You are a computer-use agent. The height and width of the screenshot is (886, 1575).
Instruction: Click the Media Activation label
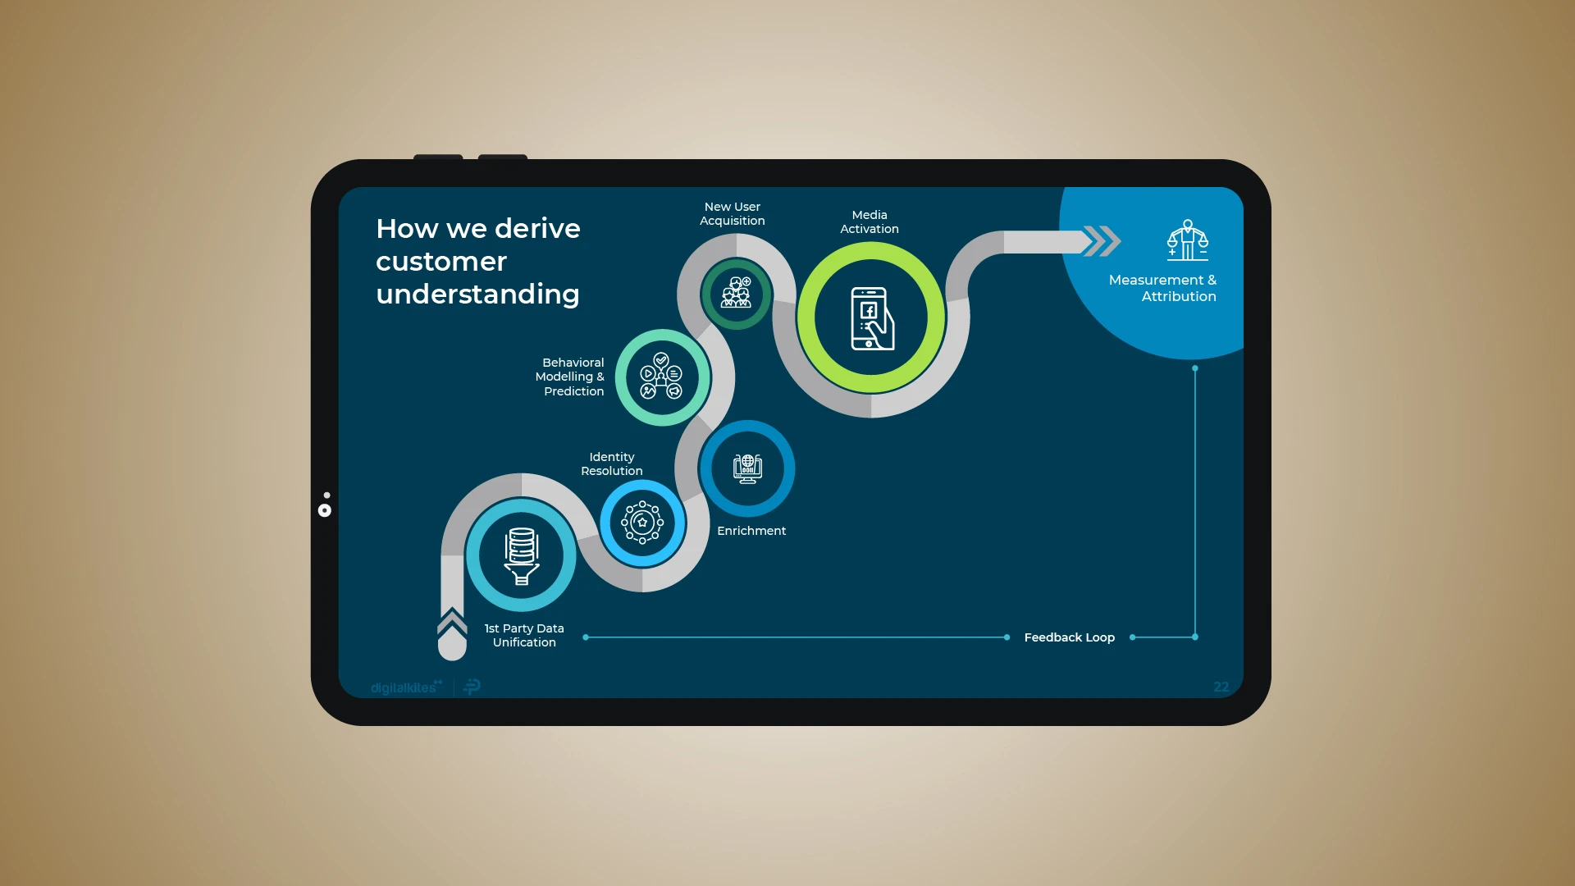pyautogui.click(x=870, y=222)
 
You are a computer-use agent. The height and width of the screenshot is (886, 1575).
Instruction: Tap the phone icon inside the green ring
pyautogui.click(x=872, y=318)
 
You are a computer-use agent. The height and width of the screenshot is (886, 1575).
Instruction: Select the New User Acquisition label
pyautogui.click(x=733, y=214)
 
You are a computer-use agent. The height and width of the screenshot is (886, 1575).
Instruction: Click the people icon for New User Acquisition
pyautogui.click(x=736, y=293)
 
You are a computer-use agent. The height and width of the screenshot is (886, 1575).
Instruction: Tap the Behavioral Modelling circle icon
pyautogui.click(x=661, y=377)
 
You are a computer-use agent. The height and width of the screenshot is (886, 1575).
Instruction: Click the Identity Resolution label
pyautogui.click(x=612, y=464)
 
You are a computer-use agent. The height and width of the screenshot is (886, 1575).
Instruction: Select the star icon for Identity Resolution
pyautogui.click(x=642, y=523)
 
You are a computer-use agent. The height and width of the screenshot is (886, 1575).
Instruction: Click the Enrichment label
pyautogui.click(x=751, y=531)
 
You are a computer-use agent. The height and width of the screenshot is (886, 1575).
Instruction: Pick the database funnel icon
pyautogui.click(x=522, y=556)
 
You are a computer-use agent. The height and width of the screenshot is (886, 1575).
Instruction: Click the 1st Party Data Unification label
pyautogui.click(x=524, y=636)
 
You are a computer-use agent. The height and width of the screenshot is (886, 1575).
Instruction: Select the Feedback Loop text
pyautogui.click(x=1070, y=637)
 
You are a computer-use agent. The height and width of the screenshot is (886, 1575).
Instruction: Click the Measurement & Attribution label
pyautogui.click(x=1162, y=288)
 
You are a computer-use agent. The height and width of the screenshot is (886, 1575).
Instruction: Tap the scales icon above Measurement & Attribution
pyautogui.click(x=1188, y=240)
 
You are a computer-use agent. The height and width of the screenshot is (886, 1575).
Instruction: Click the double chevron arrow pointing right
pyautogui.click(x=1102, y=241)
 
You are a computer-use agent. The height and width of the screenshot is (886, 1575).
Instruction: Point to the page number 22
pyautogui.click(x=1221, y=687)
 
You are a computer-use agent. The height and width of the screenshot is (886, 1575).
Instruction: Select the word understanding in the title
pyautogui.click(x=477, y=295)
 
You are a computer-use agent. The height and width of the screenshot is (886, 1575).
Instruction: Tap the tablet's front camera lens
pyautogui.click(x=325, y=510)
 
